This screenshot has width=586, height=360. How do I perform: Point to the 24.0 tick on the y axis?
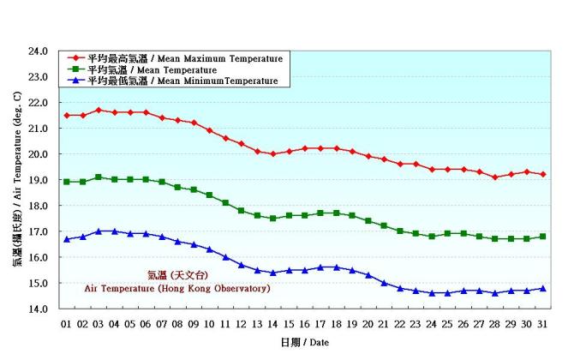click(38, 51)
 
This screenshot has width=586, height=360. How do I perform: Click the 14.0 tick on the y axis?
click(38, 309)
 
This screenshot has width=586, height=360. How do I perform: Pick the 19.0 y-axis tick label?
click(38, 180)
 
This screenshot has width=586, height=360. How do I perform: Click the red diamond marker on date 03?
click(99, 110)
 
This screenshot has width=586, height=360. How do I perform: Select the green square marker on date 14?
click(273, 219)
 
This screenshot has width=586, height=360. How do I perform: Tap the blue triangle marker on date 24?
click(432, 292)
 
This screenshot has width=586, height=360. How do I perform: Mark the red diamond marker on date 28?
click(495, 177)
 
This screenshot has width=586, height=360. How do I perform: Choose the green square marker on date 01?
click(67, 182)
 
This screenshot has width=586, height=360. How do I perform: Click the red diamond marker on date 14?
click(273, 154)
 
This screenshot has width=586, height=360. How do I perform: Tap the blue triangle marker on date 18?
click(337, 267)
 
